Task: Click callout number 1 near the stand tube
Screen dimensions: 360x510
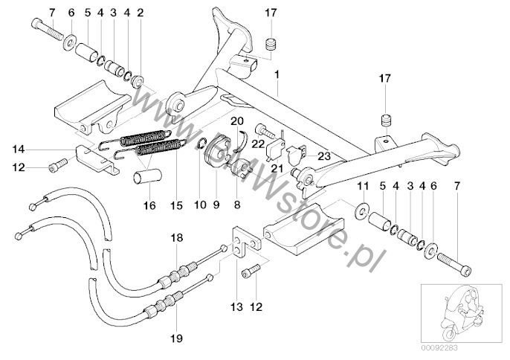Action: [277, 75]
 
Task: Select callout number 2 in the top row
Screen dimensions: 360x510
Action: [141, 13]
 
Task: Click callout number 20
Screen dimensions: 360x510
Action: [236, 120]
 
